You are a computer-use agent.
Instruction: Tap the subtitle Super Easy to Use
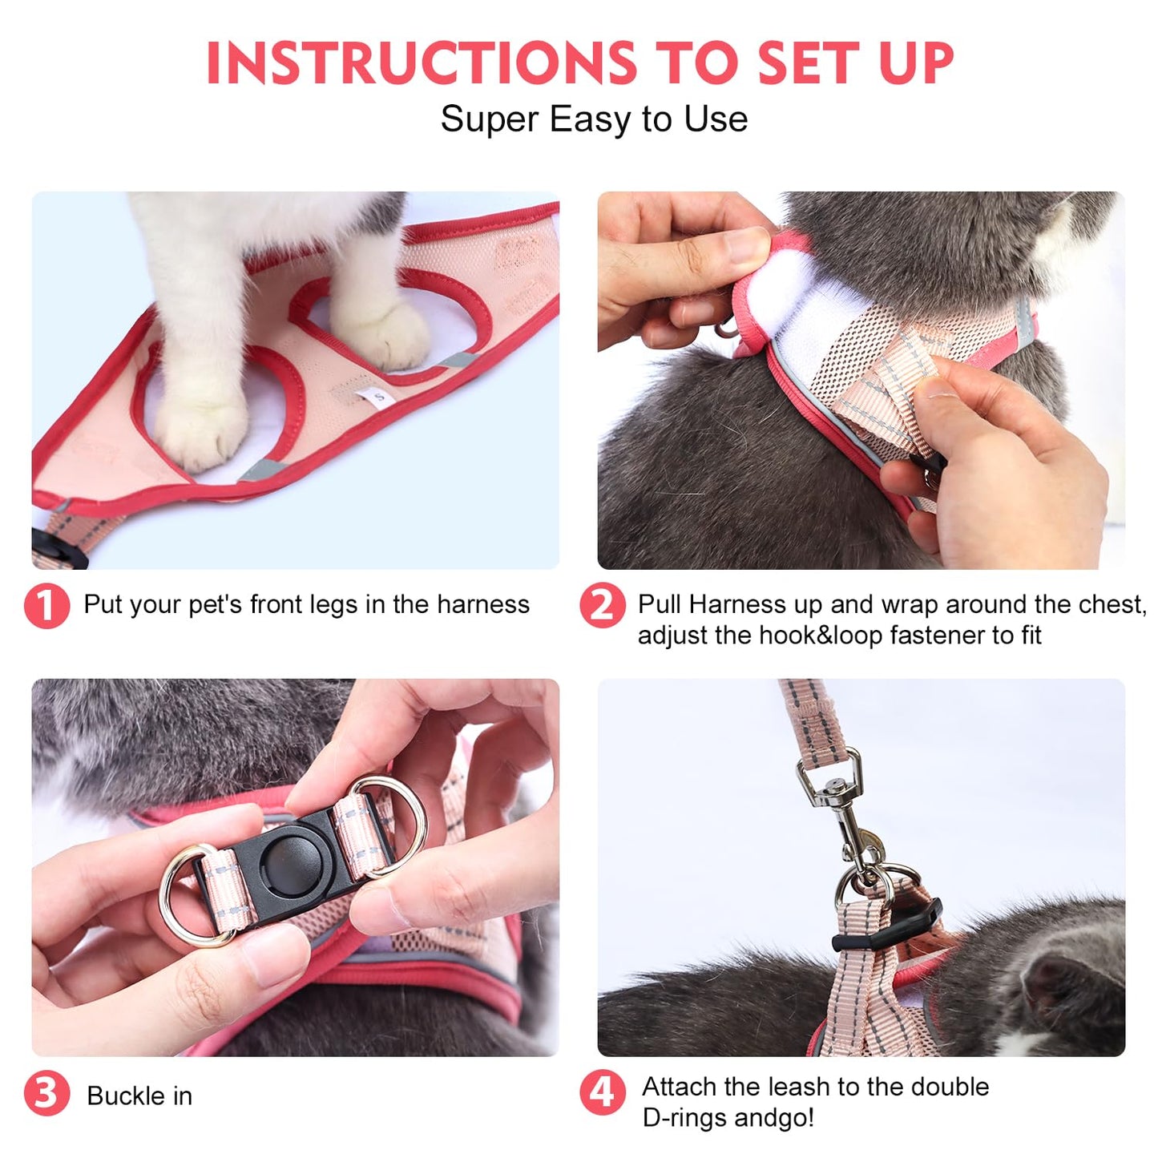tap(594, 119)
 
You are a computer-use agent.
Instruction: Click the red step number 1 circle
tap(46, 606)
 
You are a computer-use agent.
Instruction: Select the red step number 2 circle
tap(602, 606)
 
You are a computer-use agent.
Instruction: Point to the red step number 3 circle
tap(46, 1094)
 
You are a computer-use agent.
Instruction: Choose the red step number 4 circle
tap(602, 1092)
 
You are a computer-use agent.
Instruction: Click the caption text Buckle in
tap(139, 1095)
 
